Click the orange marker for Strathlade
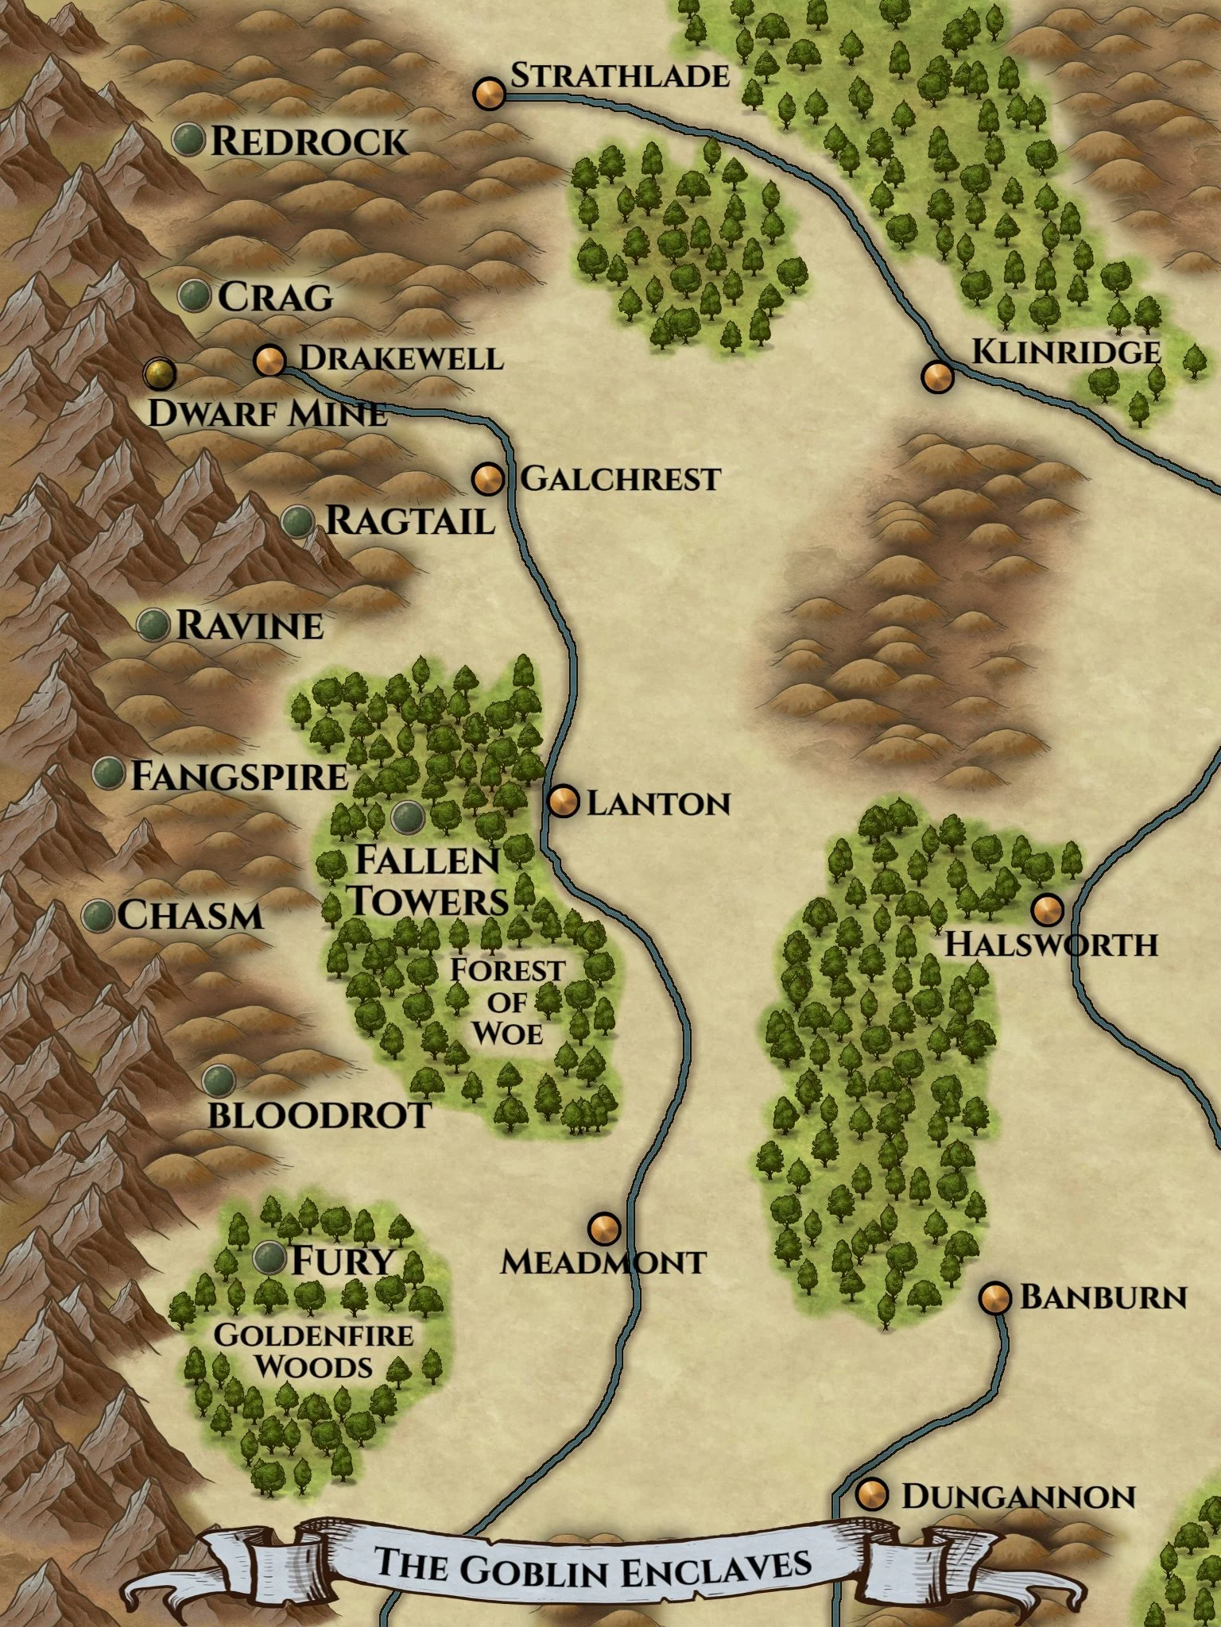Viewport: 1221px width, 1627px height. pyautogui.click(x=490, y=94)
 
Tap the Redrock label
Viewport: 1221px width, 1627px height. pyautogui.click(x=308, y=141)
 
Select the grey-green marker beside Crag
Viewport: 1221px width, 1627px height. pyautogui.click(x=194, y=296)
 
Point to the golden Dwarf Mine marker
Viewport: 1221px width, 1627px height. pyautogui.click(x=160, y=373)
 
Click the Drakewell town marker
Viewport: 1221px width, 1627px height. pyautogui.click(x=269, y=361)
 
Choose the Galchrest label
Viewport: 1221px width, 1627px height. pyautogui.click(x=620, y=479)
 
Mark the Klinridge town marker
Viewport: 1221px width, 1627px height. pyautogui.click(x=938, y=376)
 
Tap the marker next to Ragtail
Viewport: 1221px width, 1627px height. pyautogui.click(x=298, y=521)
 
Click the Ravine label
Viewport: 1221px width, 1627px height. pyautogui.click(x=250, y=626)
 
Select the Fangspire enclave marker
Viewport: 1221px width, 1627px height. pyautogui.click(x=109, y=772)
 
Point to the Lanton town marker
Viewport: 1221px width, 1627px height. pyautogui.click(x=564, y=802)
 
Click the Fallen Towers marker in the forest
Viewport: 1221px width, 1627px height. pyautogui.click(x=409, y=815)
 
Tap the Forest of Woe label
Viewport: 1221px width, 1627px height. pyautogui.click(x=507, y=1001)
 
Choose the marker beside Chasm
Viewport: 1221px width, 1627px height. pyautogui.click(x=99, y=915)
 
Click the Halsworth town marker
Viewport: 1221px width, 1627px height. pyautogui.click(x=1047, y=909)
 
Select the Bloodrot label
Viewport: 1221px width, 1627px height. pyautogui.click(x=319, y=1115)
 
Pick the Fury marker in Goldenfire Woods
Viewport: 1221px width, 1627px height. pyautogui.click(x=269, y=1258)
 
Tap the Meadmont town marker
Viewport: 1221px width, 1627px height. pyautogui.click(x=604, y=1228)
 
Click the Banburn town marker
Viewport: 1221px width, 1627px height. pyautogui.click(x=994, y=1298)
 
